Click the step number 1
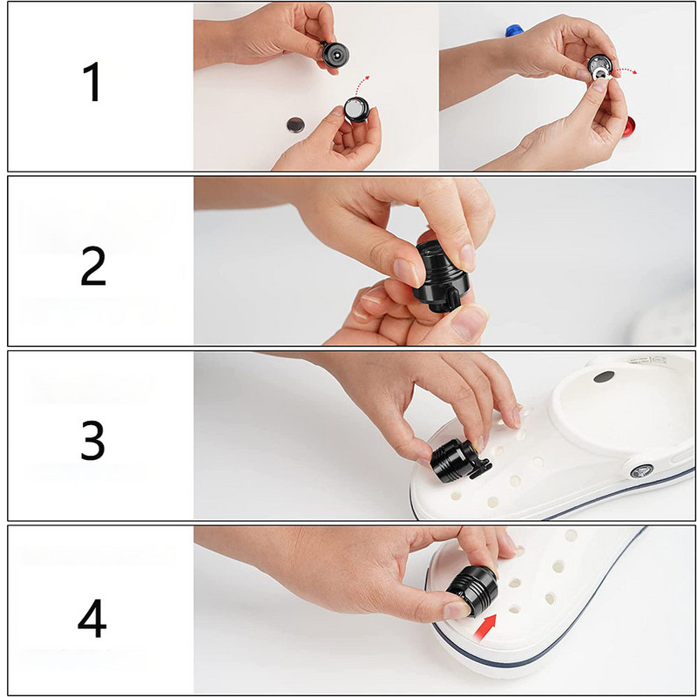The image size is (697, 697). click(x=93, y=82)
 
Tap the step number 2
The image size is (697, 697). click(x=93, y=266)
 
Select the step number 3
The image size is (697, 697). click(x=92, y=440)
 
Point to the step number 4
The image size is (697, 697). click(x=92, y=619)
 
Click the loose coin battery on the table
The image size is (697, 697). click(x=294, y=125)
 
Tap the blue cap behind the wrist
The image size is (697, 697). click(x=514, y=30)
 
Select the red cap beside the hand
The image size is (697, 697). click(x=628, y=126)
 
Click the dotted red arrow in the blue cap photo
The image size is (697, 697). click(x=626, y=71)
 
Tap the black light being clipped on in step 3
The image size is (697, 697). click(x=459, y=461)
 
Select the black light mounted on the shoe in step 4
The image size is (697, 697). click(x=472, y=591)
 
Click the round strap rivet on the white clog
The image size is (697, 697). click(x=642, y=470)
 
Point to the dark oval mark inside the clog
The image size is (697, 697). click(x=604, y=377)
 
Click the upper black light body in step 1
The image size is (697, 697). click(x=335, y=55)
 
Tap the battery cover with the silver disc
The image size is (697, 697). click(x=356, y=110)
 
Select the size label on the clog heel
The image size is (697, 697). click(x=647, y=360)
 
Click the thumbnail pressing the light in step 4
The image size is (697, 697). click(x=457, y=610)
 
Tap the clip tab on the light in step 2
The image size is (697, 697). click(x=452, y=300)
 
